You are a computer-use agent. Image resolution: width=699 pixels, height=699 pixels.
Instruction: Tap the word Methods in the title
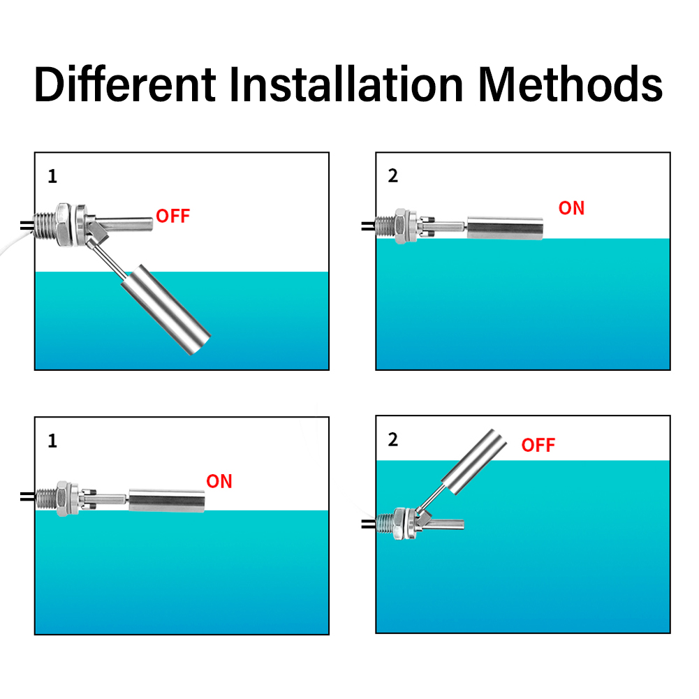pos(570,84)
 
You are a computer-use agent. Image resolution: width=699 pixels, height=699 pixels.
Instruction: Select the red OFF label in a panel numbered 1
pos(172,216)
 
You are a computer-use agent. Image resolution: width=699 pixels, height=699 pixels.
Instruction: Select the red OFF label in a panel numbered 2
pos(538,445)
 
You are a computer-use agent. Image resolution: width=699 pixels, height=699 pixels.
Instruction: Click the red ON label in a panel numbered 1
pos(219,481)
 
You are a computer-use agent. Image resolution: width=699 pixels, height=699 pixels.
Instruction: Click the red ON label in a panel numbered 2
pos(571,208)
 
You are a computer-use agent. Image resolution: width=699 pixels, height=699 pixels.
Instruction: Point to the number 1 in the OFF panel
pos(52,177)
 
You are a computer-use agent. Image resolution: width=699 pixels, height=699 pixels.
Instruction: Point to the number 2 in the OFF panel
pos(392,441)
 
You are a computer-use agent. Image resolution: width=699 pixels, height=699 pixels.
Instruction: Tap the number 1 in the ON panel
pos(52,441)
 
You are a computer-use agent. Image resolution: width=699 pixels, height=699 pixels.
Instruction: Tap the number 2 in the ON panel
pos(392,176)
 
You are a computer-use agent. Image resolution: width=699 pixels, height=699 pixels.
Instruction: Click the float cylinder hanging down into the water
pos(167,309)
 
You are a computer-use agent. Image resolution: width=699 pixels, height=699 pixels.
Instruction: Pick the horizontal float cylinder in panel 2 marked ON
pos(505,227)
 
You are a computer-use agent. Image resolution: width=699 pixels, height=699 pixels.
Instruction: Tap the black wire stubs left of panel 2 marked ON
pos(367,226)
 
